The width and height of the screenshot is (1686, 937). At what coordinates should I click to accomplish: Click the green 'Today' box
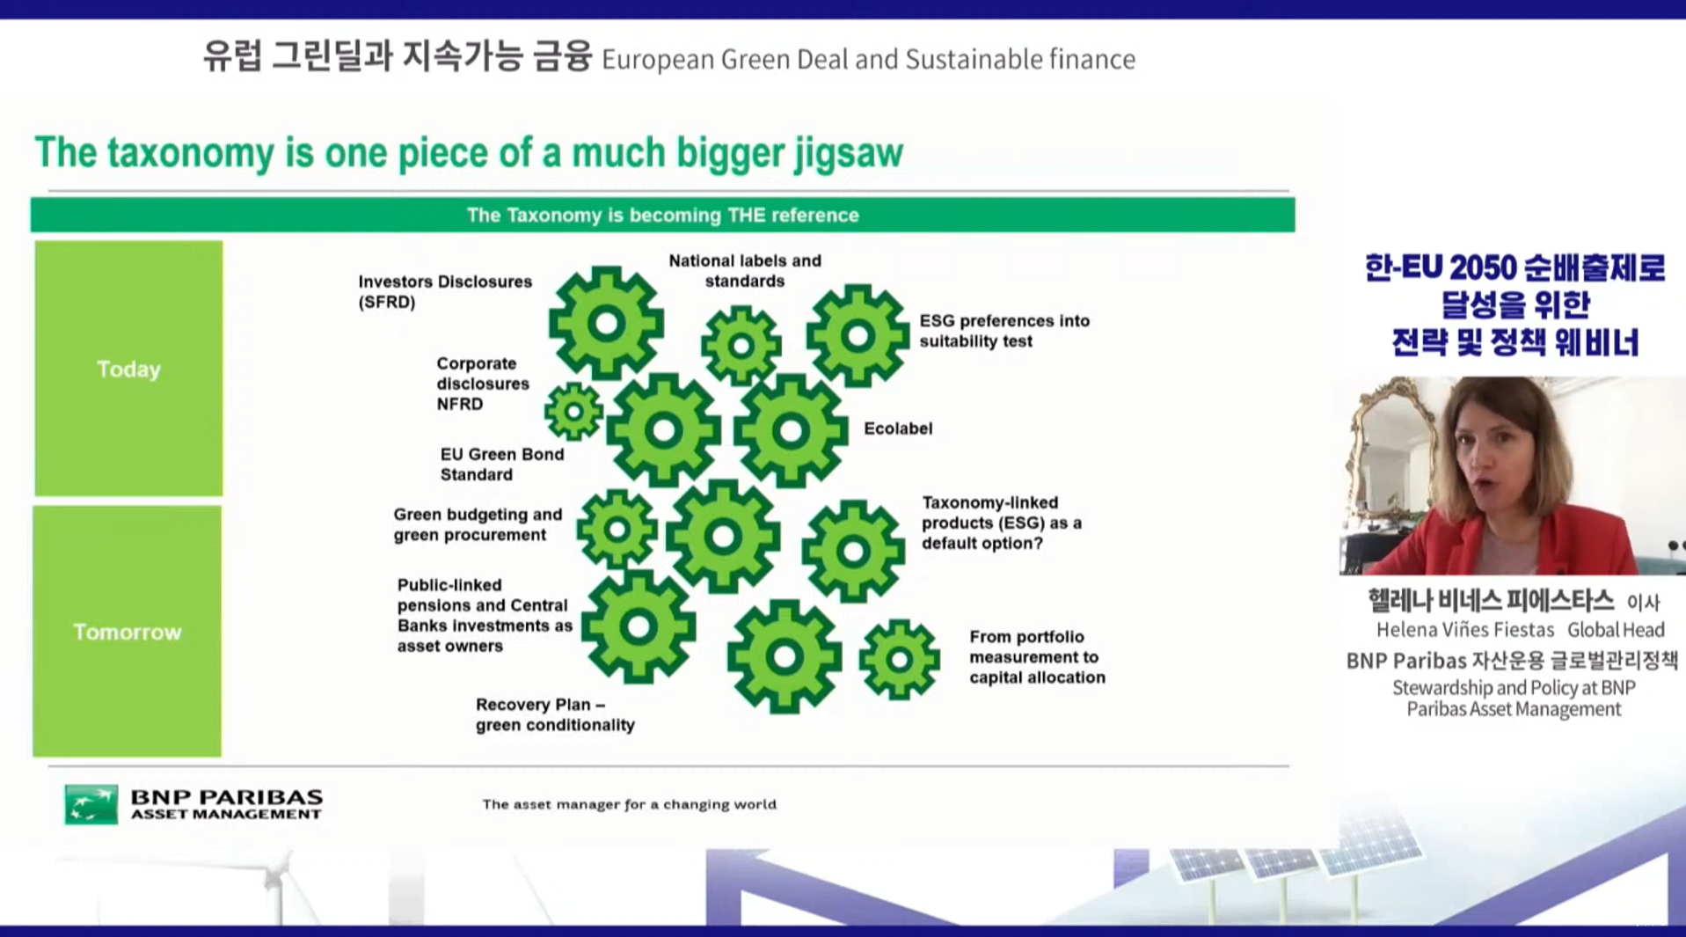[x=128, y=368]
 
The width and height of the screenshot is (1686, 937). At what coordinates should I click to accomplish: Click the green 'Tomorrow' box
[x=128, y=631]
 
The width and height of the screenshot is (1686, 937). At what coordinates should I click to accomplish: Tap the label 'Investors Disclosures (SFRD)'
[x=445, y=291]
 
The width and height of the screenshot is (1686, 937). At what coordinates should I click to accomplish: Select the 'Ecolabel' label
[x=898, y=428]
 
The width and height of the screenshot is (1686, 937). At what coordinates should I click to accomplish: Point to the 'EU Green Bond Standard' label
[x=502, y=464]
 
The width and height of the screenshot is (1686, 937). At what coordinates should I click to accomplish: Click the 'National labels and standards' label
[x=745, y=271]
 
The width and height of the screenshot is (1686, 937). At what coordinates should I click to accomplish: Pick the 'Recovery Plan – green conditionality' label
[x=555, y=714]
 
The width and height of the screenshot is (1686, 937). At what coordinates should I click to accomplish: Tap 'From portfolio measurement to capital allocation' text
[x=1037, y=656]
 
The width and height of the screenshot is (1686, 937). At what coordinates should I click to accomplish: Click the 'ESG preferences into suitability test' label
[x=1004, y=331]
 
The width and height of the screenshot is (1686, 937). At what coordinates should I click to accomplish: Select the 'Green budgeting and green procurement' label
[x=478, y=524]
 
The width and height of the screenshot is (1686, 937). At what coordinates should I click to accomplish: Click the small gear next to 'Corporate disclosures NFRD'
[x=573, y=411]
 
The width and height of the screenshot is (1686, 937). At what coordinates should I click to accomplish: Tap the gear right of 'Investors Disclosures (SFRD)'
[x=606, y=323]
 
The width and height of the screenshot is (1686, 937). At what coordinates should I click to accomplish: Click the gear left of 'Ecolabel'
[x=791, y=431]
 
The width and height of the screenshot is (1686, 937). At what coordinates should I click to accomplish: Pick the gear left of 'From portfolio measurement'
[x=899, y=659]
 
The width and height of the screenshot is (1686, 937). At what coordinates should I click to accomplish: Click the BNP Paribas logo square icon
[x=91, y=804]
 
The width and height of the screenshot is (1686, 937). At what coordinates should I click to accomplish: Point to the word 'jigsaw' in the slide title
[x=849, y=153]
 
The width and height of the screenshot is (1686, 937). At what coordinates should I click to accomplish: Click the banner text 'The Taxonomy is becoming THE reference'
[x=662, y=216]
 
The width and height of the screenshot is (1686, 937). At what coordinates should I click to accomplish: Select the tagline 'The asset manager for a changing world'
[x=629, y=804]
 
